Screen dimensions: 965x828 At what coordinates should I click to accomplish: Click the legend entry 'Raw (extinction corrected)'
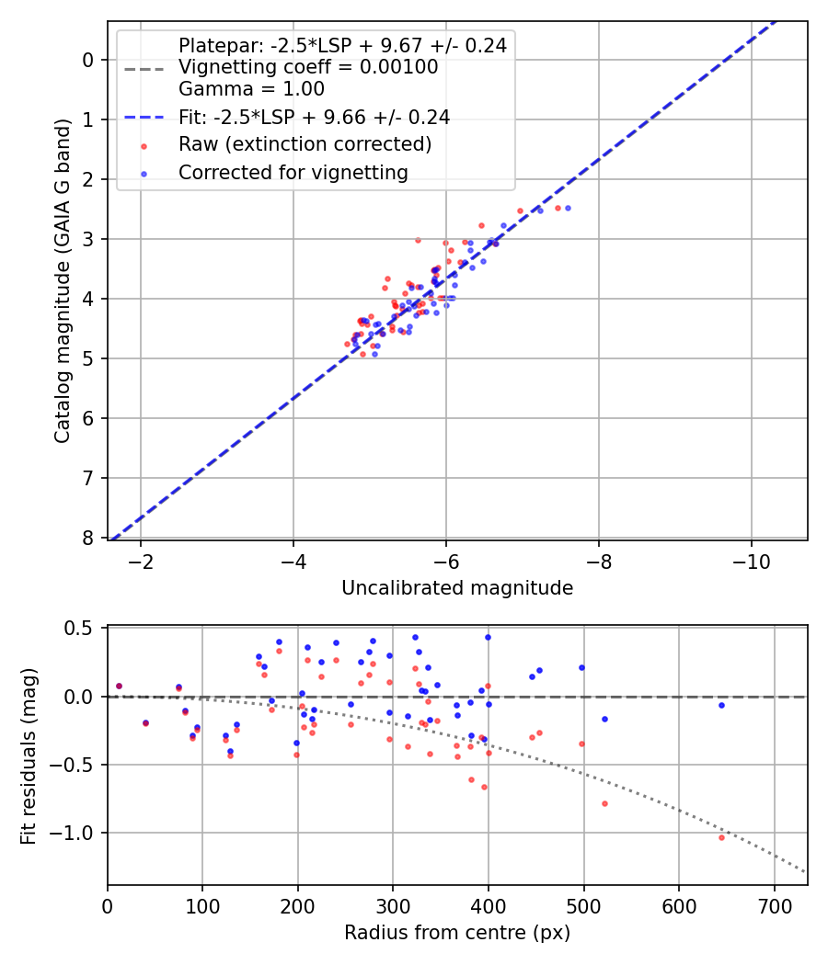305,144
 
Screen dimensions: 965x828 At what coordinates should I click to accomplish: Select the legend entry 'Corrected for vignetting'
293,172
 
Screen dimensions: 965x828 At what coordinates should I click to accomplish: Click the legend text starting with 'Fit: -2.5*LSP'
314,117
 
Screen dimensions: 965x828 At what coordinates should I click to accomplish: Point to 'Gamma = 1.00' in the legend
251,89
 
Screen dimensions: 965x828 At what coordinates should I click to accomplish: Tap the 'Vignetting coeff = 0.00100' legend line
308,67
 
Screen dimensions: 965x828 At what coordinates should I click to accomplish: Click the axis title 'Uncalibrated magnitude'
457,588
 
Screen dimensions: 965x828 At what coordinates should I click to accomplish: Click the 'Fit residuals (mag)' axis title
29,755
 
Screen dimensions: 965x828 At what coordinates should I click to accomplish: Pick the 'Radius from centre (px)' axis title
457,933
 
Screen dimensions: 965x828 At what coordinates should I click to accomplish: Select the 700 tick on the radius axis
774,907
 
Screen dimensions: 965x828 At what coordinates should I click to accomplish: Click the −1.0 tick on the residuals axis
76,833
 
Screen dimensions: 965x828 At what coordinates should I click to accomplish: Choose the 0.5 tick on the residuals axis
81,628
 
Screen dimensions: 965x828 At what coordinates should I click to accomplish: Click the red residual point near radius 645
721,837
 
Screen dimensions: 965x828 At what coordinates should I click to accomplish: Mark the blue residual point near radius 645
721,705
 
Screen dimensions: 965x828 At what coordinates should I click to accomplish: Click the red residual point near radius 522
604,803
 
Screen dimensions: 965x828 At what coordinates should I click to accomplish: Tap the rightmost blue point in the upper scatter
568,208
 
